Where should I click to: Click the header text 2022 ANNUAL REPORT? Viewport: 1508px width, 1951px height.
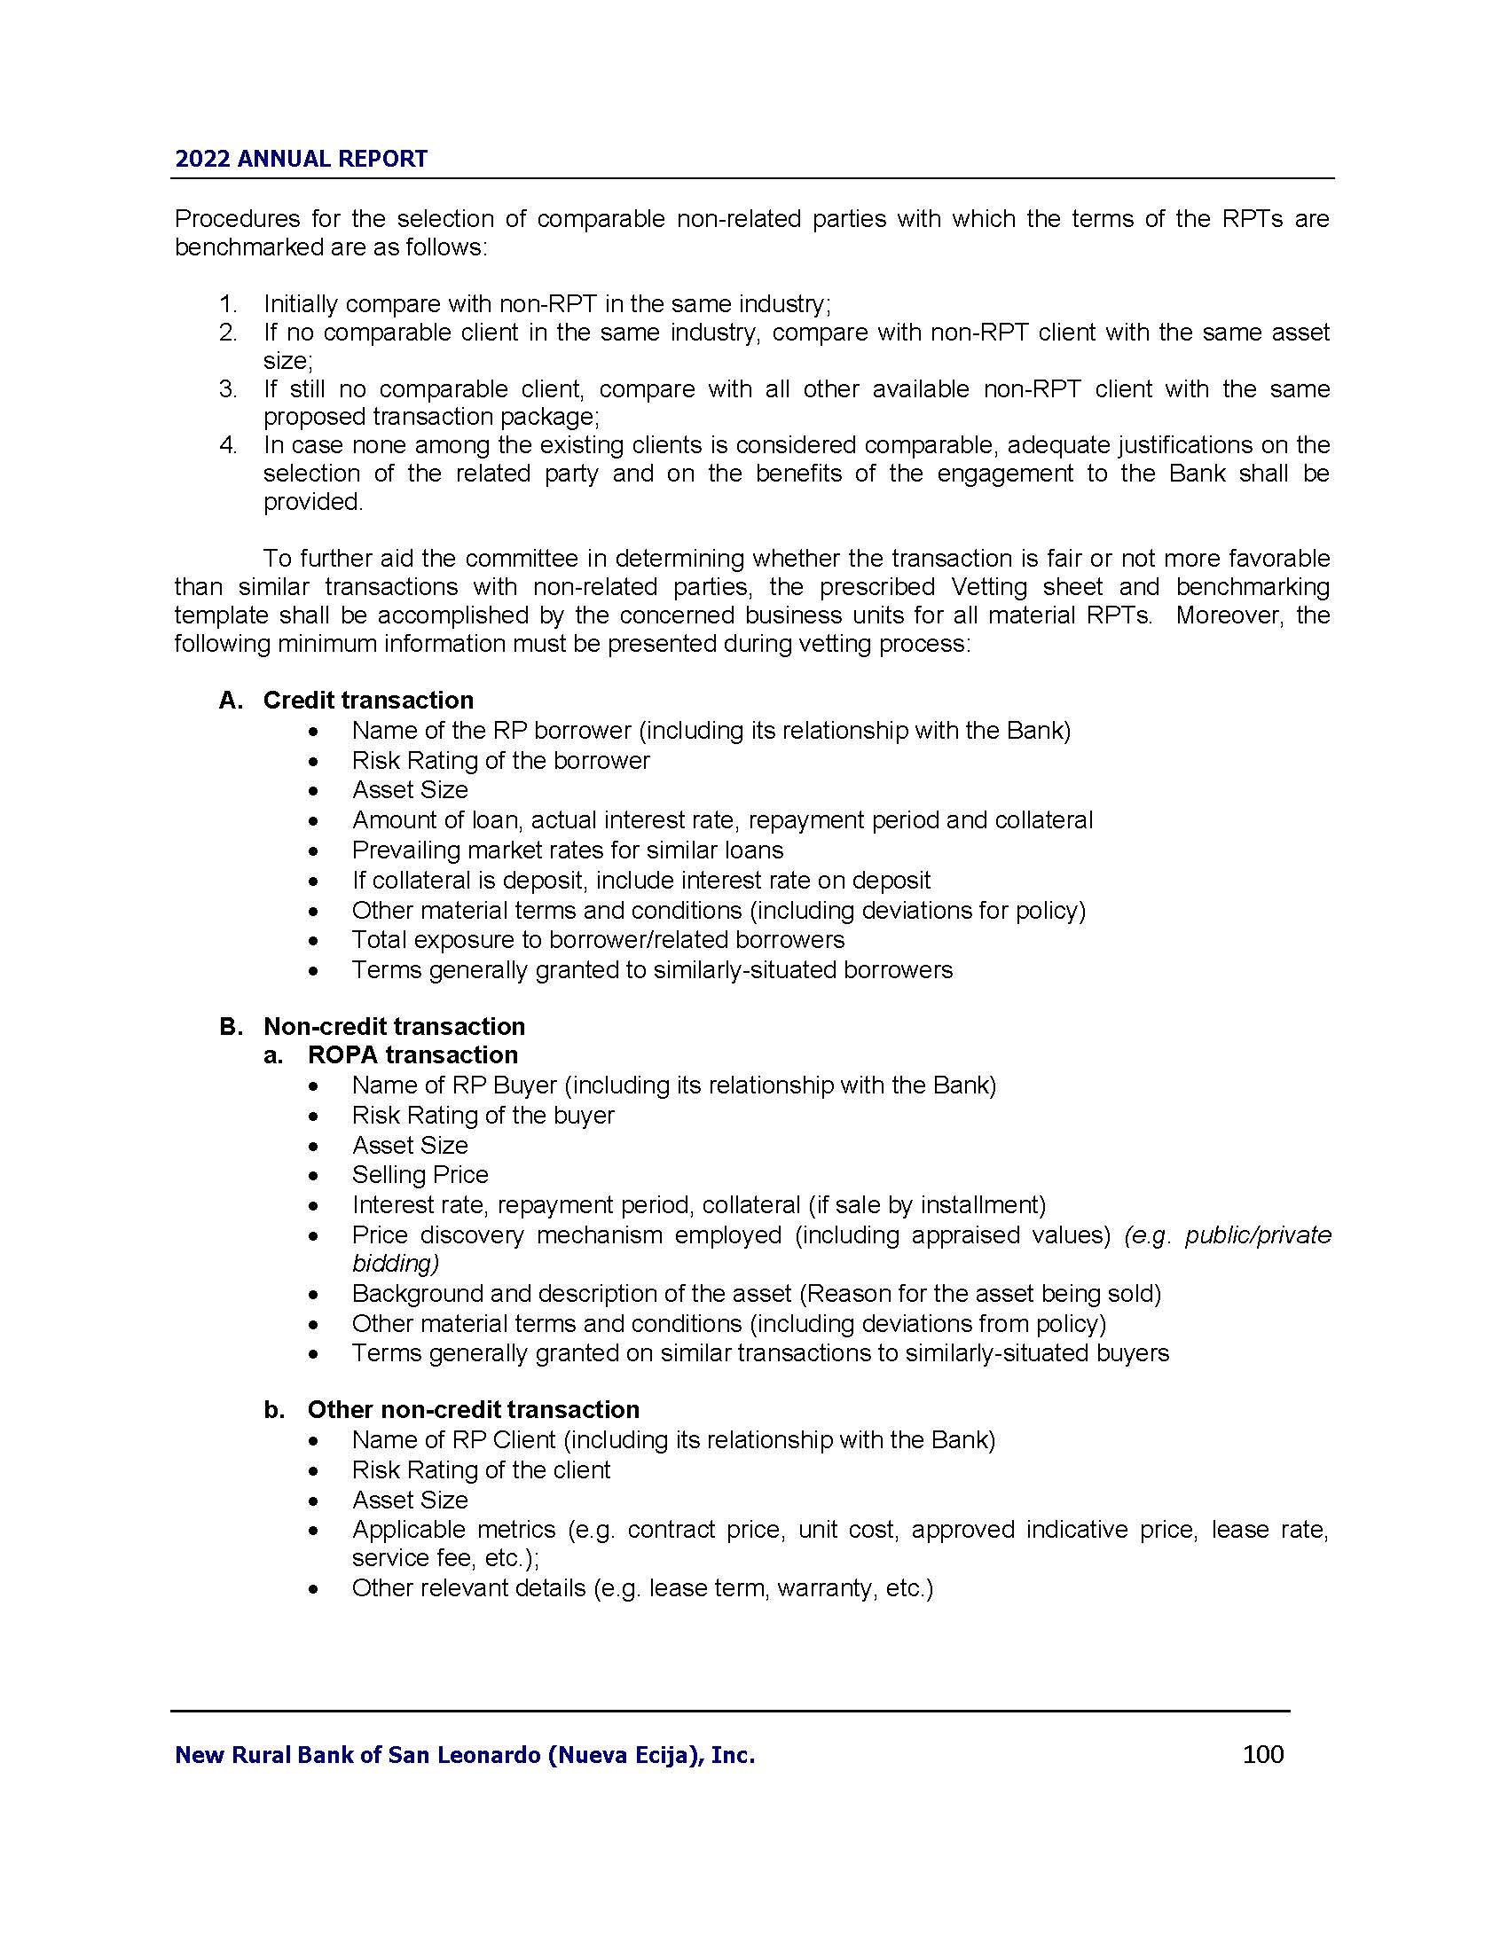tap(301, 159)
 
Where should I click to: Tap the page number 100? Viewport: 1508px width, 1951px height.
tap(1262, 1754)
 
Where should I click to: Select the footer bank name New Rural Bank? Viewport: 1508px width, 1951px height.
tap(465, 1755)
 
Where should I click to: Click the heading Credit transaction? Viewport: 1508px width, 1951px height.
tap(368, 701)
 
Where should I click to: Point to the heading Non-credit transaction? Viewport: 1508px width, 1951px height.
tap(394, 1025)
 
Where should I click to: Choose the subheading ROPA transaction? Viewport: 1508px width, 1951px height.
tap(412, 1055)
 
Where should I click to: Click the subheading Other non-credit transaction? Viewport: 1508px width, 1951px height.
tap(474, 1410)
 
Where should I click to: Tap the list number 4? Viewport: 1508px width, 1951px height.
tap(228, 445)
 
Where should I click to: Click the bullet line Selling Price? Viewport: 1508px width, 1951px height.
tap(420, 1175)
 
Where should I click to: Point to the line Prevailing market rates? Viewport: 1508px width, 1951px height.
tap(568, 850)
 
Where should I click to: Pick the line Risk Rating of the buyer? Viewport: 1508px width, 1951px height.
tap(483, 1115)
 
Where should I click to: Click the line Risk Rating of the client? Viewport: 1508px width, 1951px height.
tap(481, 1469)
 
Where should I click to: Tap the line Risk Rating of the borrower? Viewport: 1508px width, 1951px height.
tap(500, 760)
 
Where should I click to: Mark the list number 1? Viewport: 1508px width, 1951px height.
tap(228, 304)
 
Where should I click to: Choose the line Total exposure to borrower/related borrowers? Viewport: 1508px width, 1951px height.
tap(598, 940)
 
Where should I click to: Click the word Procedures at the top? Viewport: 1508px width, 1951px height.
tap(234, 219)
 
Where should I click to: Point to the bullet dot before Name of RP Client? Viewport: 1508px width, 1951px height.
tap(312, 1441)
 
